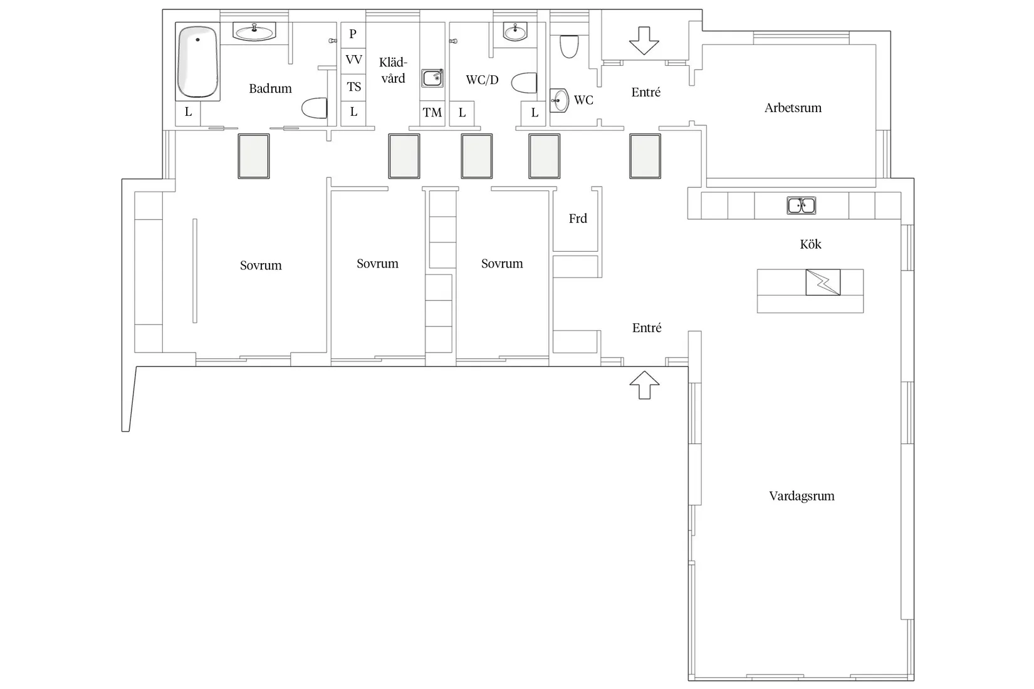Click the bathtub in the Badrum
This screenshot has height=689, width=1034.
coord(197,62)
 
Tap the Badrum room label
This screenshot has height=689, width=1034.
coord(270,88)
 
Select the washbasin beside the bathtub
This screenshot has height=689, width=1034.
coord(254,32)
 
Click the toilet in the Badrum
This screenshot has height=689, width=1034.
coord(315,108)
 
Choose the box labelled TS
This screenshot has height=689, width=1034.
coord(353,87)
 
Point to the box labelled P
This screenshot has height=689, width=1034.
coord(353,35)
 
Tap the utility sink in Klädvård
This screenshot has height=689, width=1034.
coord(432,78)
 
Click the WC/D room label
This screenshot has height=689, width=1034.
coord(482,80)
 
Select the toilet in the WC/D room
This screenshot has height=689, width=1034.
coord(524,83)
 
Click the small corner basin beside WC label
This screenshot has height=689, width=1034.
coord(559,100)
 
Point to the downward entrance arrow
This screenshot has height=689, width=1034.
coord(644,41)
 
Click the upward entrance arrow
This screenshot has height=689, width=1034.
coord(644,385)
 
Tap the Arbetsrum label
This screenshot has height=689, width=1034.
coord(793,108)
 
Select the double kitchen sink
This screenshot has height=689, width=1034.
coord(802,205)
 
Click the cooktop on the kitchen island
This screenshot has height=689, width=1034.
coord(823,282)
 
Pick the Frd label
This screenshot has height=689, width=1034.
coord(577,218)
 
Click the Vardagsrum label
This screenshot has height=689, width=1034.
coord(802,496)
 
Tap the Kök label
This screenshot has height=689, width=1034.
coord(810,244)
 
